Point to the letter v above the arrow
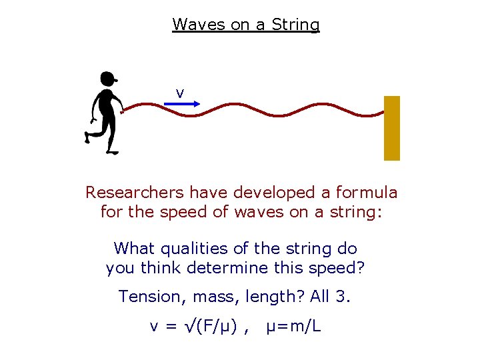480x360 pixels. click(180, 92)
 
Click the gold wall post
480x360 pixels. click(392, 128)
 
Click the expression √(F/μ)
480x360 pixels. click(210, 327)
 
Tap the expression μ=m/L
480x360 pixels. click(293, 327)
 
